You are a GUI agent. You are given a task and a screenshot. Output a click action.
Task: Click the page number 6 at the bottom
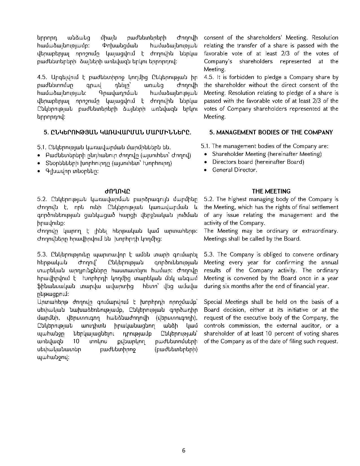pyautogui.click(x=184, y=450)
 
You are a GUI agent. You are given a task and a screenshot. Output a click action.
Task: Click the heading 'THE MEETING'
pyautogui.click(x=271, y=191)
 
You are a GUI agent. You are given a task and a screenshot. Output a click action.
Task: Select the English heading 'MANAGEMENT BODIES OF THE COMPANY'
pyautogui.click(x=271, y=132)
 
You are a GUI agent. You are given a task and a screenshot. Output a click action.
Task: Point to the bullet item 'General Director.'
pyautogui.click(x=235, y=170)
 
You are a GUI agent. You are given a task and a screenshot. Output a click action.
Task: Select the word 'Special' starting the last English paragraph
pyautogui.click(x=213, y=302)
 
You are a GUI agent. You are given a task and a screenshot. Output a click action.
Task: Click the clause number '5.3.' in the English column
pyautogui.click(x=209, y=254)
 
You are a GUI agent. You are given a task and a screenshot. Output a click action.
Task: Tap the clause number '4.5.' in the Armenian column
pyautogui.click(x=42, y=77)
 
